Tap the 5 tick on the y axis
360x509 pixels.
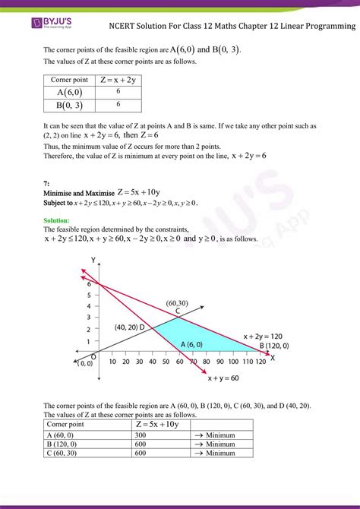pos(89,294)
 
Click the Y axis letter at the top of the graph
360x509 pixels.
pos(93,260)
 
